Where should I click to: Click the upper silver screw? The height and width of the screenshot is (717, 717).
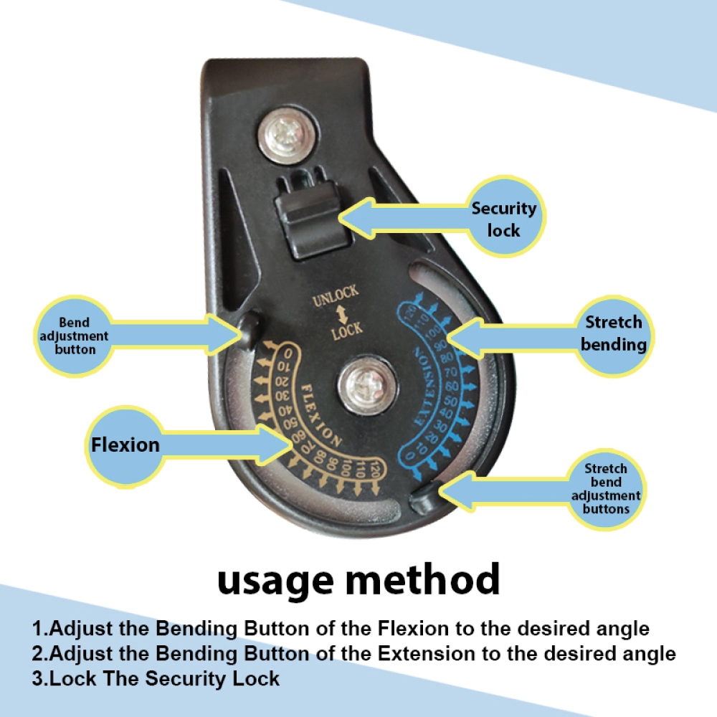pos(287,136)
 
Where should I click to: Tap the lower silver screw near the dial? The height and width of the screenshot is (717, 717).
pos(367,386)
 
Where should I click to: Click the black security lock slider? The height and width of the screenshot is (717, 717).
pos(311,219)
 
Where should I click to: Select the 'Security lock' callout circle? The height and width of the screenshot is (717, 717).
pos(504,217)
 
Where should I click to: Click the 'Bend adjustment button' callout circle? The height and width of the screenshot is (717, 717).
pos(74,336)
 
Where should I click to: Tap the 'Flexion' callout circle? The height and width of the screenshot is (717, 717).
pos(125,446)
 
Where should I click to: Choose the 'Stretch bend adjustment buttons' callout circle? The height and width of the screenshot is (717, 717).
pos(606,489)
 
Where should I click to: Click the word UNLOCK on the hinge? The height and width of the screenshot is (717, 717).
pos(336,296)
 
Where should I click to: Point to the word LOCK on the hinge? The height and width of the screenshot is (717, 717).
pos(347,330)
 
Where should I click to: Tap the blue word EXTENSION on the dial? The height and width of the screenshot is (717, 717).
pos(424,387)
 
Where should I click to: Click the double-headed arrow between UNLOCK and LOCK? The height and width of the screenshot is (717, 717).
pos(341,315)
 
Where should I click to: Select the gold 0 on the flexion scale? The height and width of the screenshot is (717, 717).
pos(288,354)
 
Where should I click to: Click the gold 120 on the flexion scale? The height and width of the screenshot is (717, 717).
pos(375,468)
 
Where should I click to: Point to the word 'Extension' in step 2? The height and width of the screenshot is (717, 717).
pos(426,653)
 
